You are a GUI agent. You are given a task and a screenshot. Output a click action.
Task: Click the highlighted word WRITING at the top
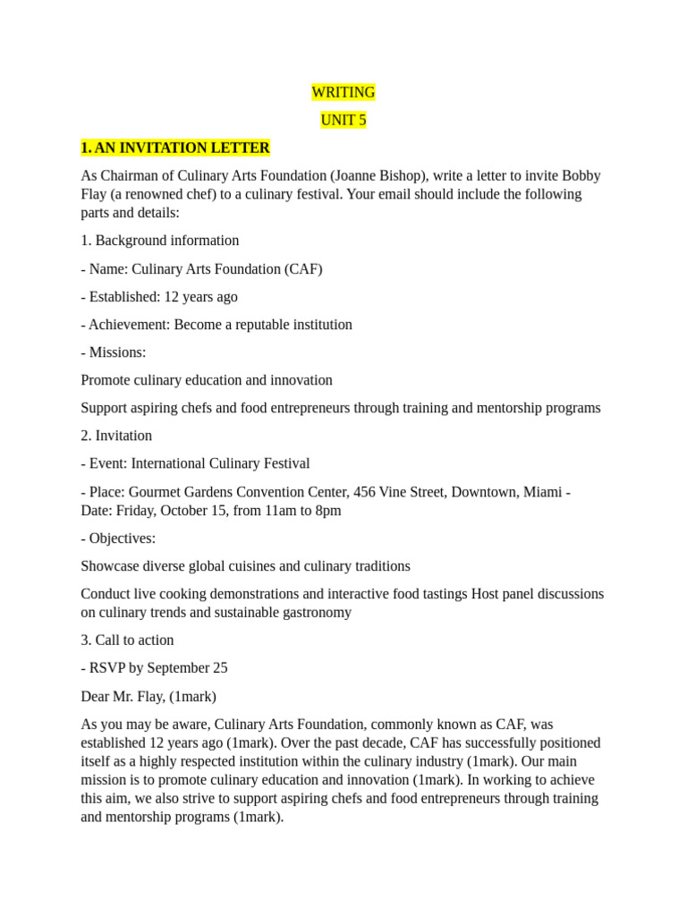pos(343,92)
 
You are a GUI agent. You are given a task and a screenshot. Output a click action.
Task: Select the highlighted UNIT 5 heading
pos(343,120)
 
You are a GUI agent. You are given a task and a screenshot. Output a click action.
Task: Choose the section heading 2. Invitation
pos(116,436)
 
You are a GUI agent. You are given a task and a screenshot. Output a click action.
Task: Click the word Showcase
pos(110,566)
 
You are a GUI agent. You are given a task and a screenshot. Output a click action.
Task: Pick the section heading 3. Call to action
pos(127,640)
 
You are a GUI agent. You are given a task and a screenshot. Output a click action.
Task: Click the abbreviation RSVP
pos(108,668)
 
